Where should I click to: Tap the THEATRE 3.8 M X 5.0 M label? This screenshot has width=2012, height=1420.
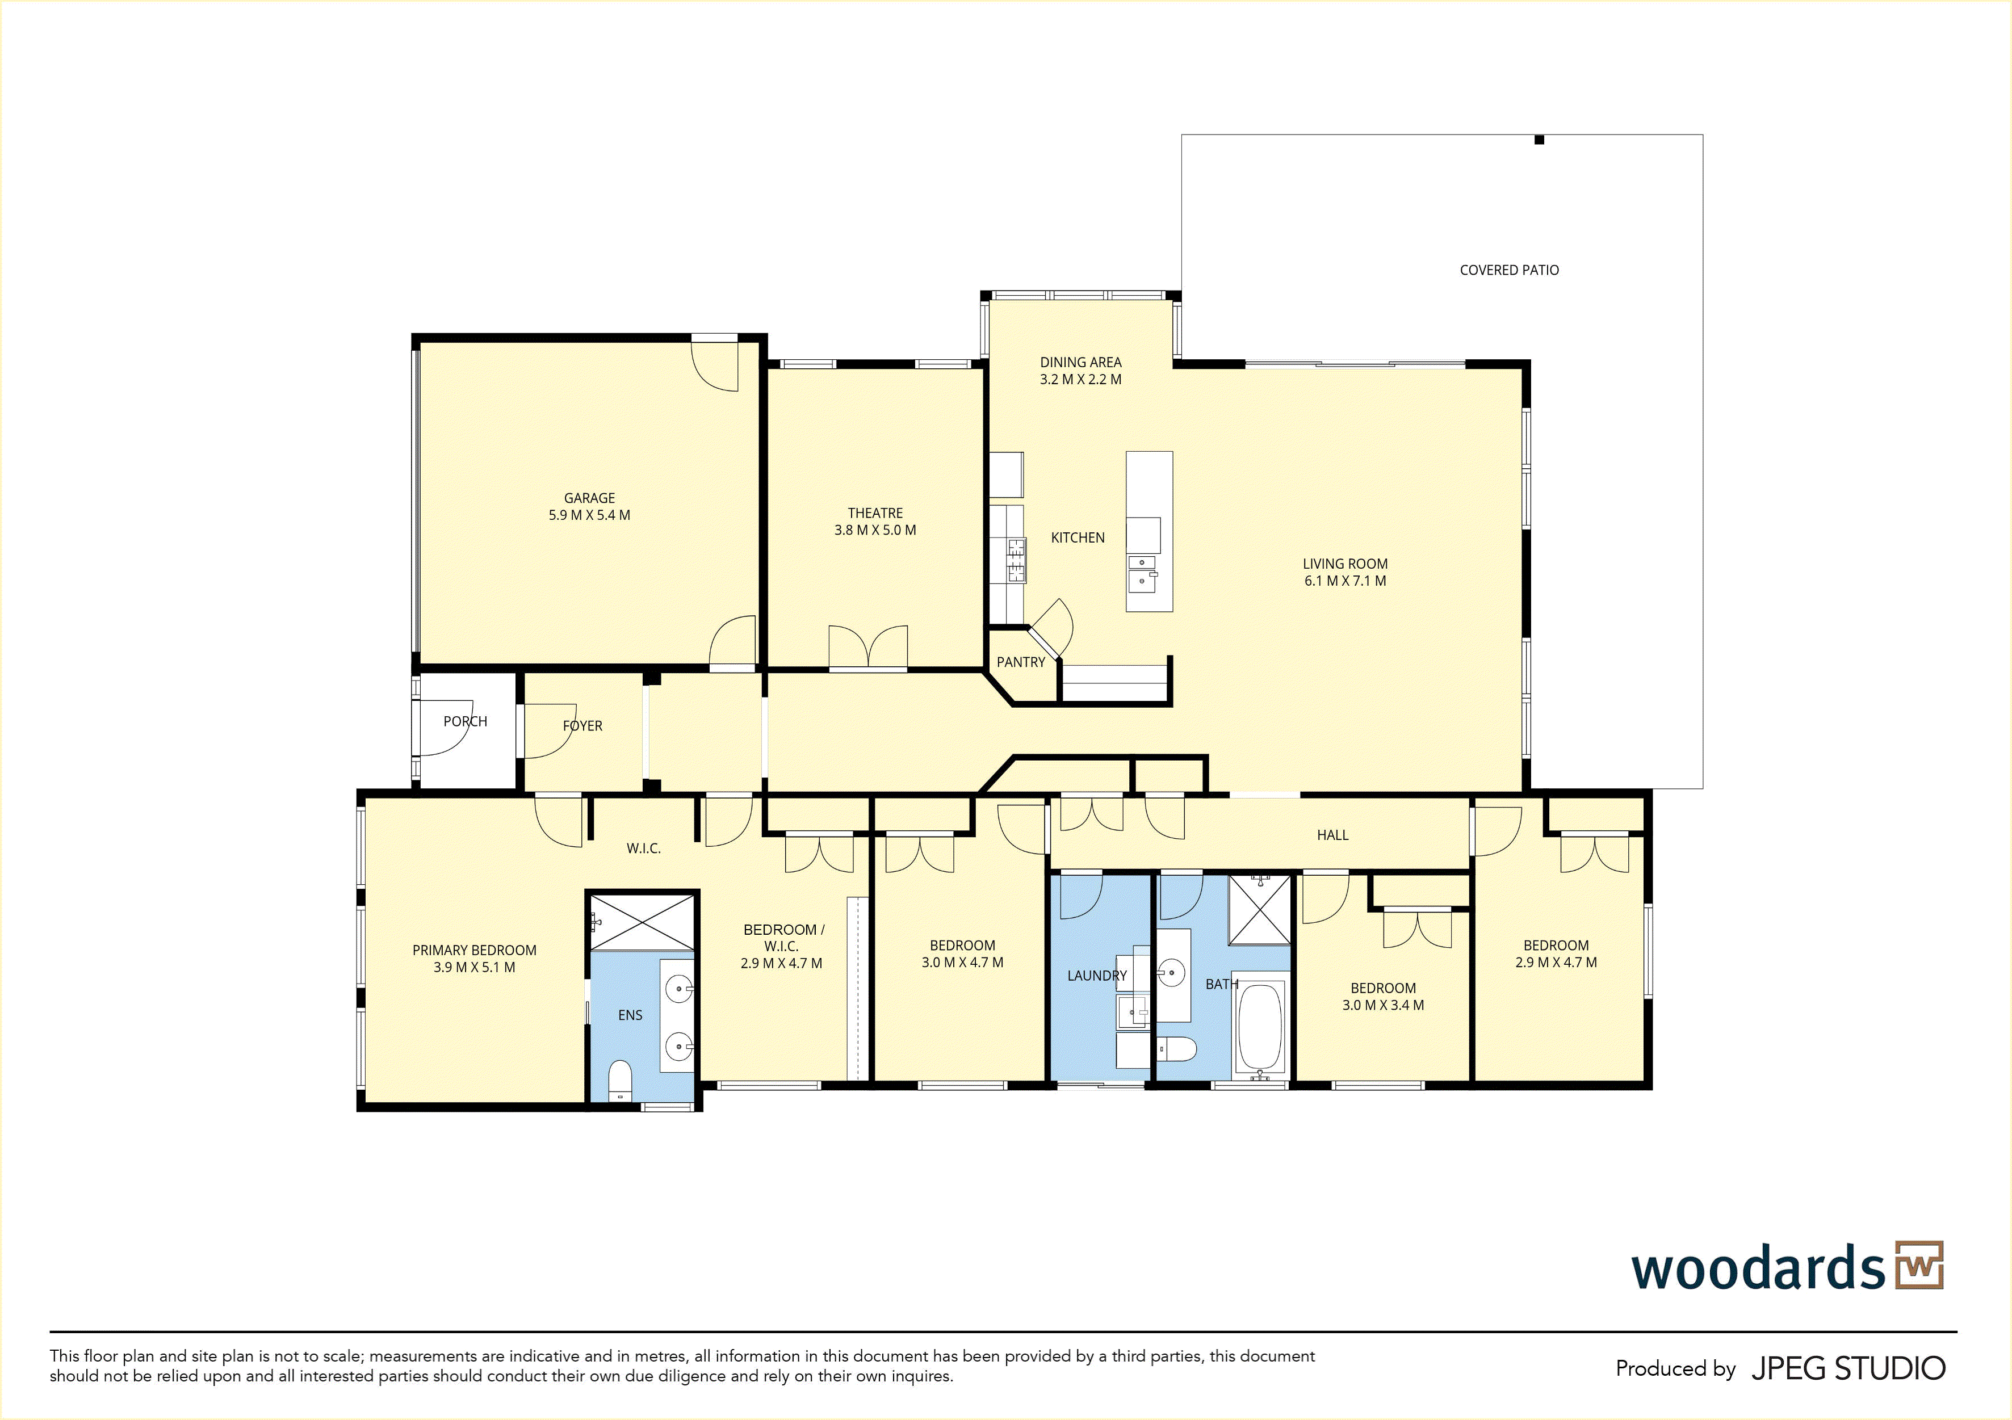(x=874, y=521)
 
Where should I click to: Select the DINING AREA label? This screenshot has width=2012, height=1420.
(x=1080, y=371)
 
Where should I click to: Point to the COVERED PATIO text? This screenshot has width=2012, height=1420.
(x=1509, y=270)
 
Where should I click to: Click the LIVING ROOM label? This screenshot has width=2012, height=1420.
(x=1345, y=572)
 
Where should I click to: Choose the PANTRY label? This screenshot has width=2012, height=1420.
(x=1021, y=662)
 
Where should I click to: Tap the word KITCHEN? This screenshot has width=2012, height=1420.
(x=1078, y=538)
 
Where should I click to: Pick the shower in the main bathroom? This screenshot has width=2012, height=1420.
(x=1259, y=909)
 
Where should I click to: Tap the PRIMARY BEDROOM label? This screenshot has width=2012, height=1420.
(x=474, y=959)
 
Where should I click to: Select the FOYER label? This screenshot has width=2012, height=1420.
(x=582, y=725)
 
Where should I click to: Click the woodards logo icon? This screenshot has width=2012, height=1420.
(x=1919, y=1265)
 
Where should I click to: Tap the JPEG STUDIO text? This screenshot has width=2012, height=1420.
(x=1848, y=1368)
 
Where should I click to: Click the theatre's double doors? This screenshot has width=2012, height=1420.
(x=867, y=648)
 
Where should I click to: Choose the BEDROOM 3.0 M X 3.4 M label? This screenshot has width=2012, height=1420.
(x=1383, y=997)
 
